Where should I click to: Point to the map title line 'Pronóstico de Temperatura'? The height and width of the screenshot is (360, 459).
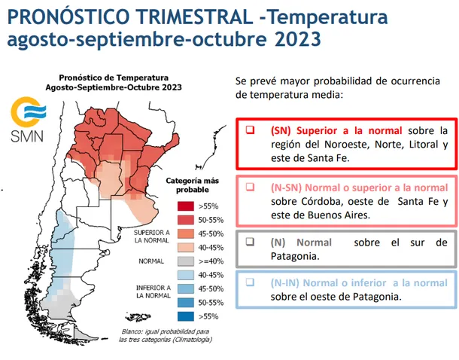(114, 77)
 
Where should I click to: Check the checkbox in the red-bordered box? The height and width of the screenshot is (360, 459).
(251, 130)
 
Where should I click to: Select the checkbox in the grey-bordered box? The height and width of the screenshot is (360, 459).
(251, 243)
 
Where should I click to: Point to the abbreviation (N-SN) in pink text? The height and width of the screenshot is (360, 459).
(290, 187)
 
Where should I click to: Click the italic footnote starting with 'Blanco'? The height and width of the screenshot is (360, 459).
(164, 336)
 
